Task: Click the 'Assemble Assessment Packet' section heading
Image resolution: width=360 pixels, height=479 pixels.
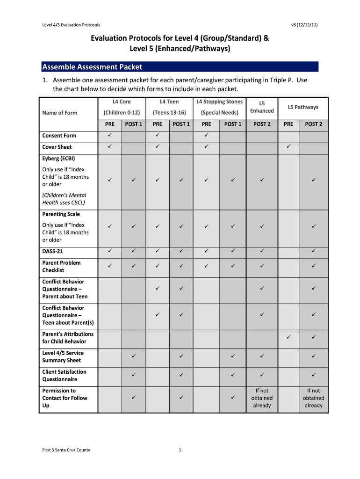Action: (92, 67)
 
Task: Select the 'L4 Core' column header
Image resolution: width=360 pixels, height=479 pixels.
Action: (122, 102)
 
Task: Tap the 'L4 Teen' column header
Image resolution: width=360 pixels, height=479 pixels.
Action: (169, 102)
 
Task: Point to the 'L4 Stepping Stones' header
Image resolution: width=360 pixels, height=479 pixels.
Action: (219, 102)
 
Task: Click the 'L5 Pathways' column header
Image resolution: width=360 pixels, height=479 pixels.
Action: (303, 107)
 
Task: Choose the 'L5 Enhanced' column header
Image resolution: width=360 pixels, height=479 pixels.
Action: (262, 107)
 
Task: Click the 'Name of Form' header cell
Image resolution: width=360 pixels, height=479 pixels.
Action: (60, 113)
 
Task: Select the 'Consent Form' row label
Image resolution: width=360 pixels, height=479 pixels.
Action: (59, 136)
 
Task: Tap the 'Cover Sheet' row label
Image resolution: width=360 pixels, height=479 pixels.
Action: (57, 147)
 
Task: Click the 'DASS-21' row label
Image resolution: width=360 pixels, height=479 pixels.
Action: (53, 251)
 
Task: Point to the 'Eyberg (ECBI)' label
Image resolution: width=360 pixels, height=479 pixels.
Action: (58, 158)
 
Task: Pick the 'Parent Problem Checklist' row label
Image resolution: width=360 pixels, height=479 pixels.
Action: (61, 267)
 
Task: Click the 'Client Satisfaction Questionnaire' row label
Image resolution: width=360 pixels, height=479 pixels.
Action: (64, 376)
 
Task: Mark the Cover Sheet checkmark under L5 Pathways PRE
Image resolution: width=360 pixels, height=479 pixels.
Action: (288, 147)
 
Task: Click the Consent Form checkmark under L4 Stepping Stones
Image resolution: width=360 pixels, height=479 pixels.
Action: (206, 135)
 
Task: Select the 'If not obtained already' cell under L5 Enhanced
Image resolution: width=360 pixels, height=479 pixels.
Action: (262, 398)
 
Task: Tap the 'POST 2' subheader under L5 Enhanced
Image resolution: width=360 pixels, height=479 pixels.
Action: (262, 124)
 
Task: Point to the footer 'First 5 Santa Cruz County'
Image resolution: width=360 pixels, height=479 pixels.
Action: (66, 450)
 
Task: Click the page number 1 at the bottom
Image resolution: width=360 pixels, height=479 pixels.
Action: (180, 450)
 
